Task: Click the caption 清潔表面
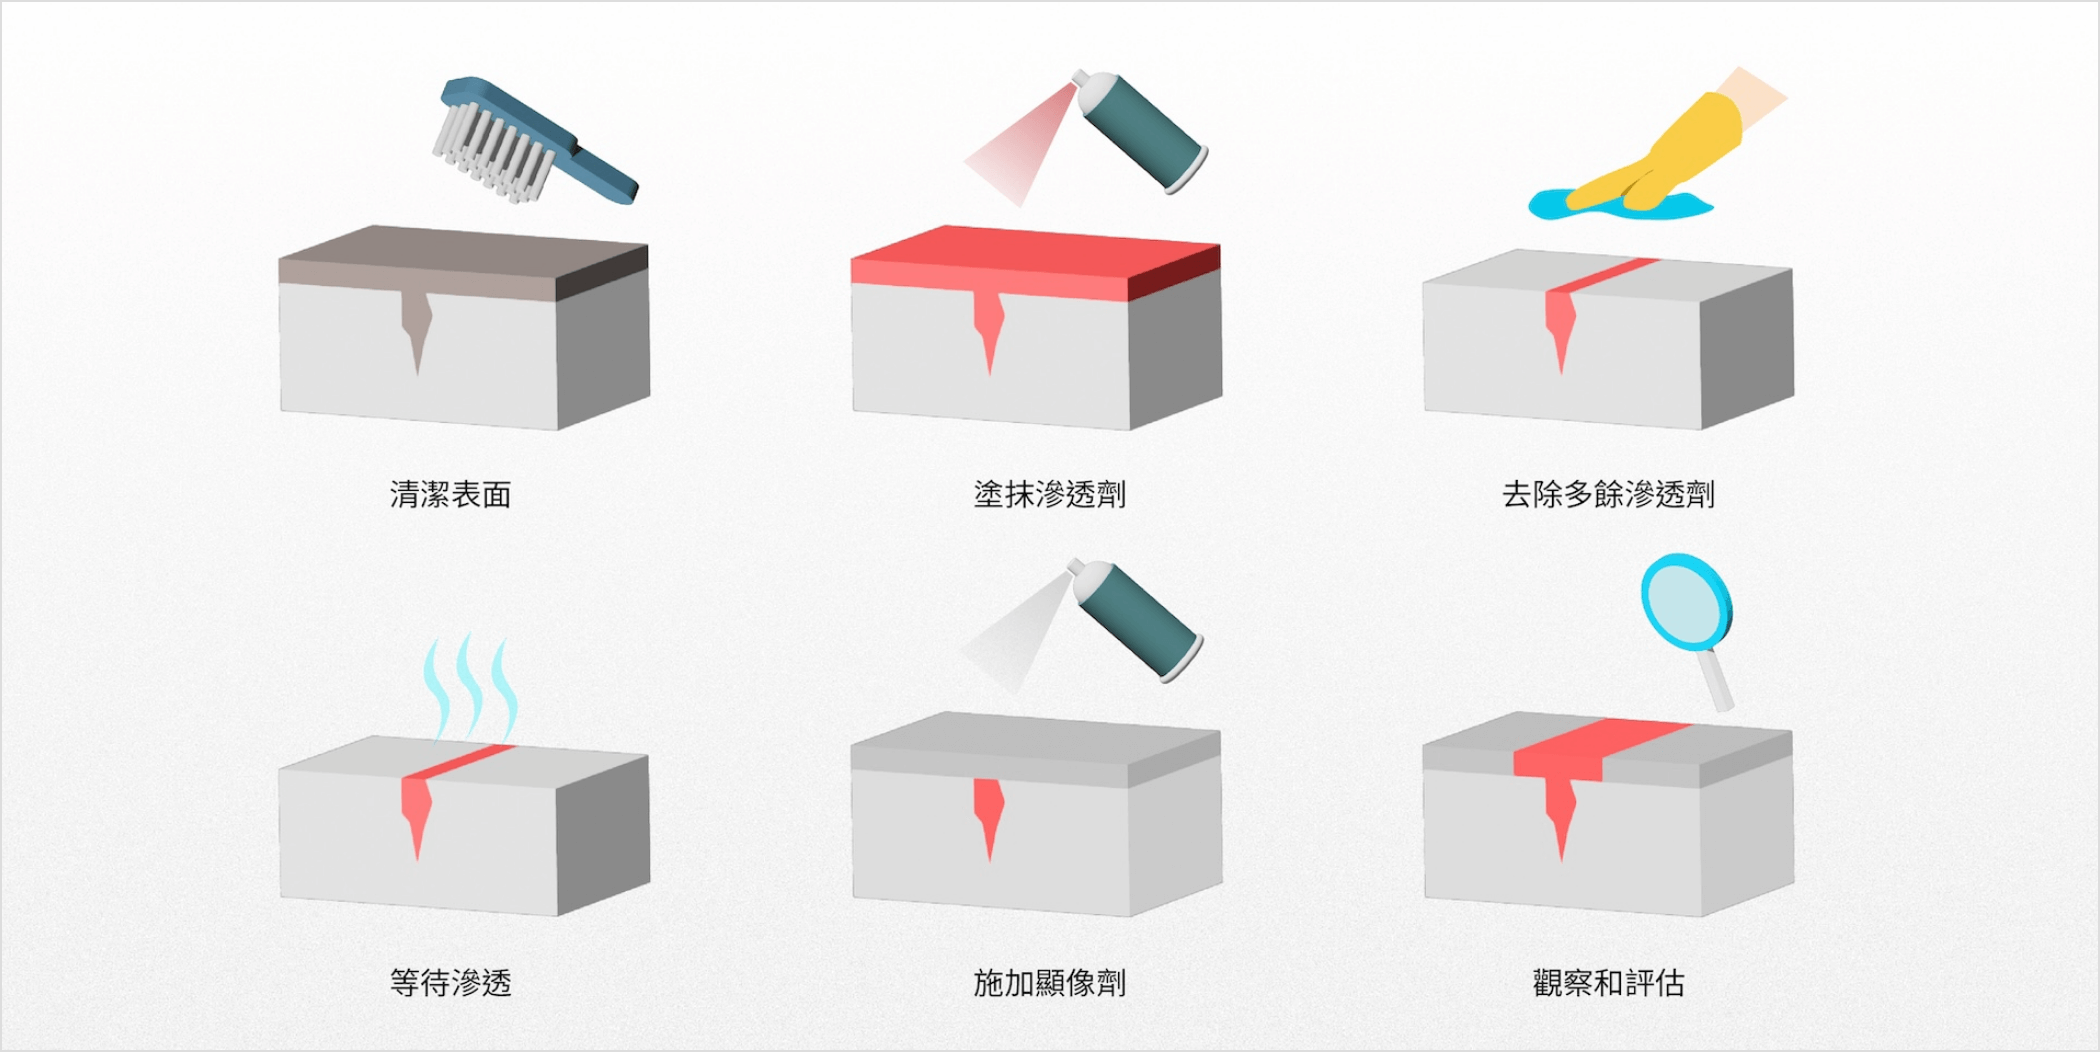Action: pos(450,494)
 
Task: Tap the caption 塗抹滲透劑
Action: pos(1050,494)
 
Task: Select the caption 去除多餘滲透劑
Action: pos(1608,494)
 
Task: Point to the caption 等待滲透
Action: pos(450,982)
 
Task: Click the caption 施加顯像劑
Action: pos(1050,982)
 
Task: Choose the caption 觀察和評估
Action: pos(1608,982)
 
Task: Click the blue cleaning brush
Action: pos(535,140)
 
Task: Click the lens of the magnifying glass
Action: pos(1686,603)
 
